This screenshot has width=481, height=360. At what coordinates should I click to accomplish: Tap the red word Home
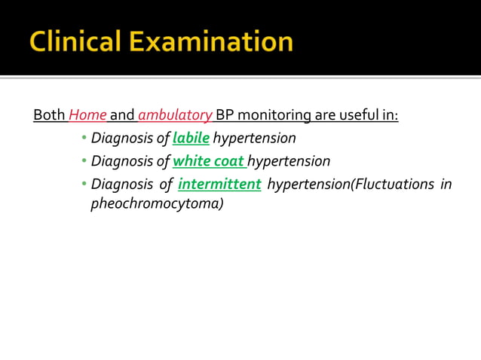pos(87,116)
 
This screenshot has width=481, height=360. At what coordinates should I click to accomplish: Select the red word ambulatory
pos(175,116)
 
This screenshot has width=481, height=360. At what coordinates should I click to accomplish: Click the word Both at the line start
pos(49,116)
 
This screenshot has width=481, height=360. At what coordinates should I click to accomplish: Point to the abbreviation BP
pos(225,116)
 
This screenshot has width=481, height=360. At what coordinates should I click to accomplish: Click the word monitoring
pos(274,116)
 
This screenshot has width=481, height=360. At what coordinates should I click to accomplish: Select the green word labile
pos(191,139)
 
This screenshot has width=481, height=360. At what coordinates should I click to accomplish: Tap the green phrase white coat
pos(209,161)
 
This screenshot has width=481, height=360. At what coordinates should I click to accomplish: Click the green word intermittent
pos(219,185)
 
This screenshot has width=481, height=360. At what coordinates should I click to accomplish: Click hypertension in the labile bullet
pos(254,139)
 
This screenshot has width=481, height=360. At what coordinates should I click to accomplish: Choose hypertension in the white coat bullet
pos(289,161)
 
